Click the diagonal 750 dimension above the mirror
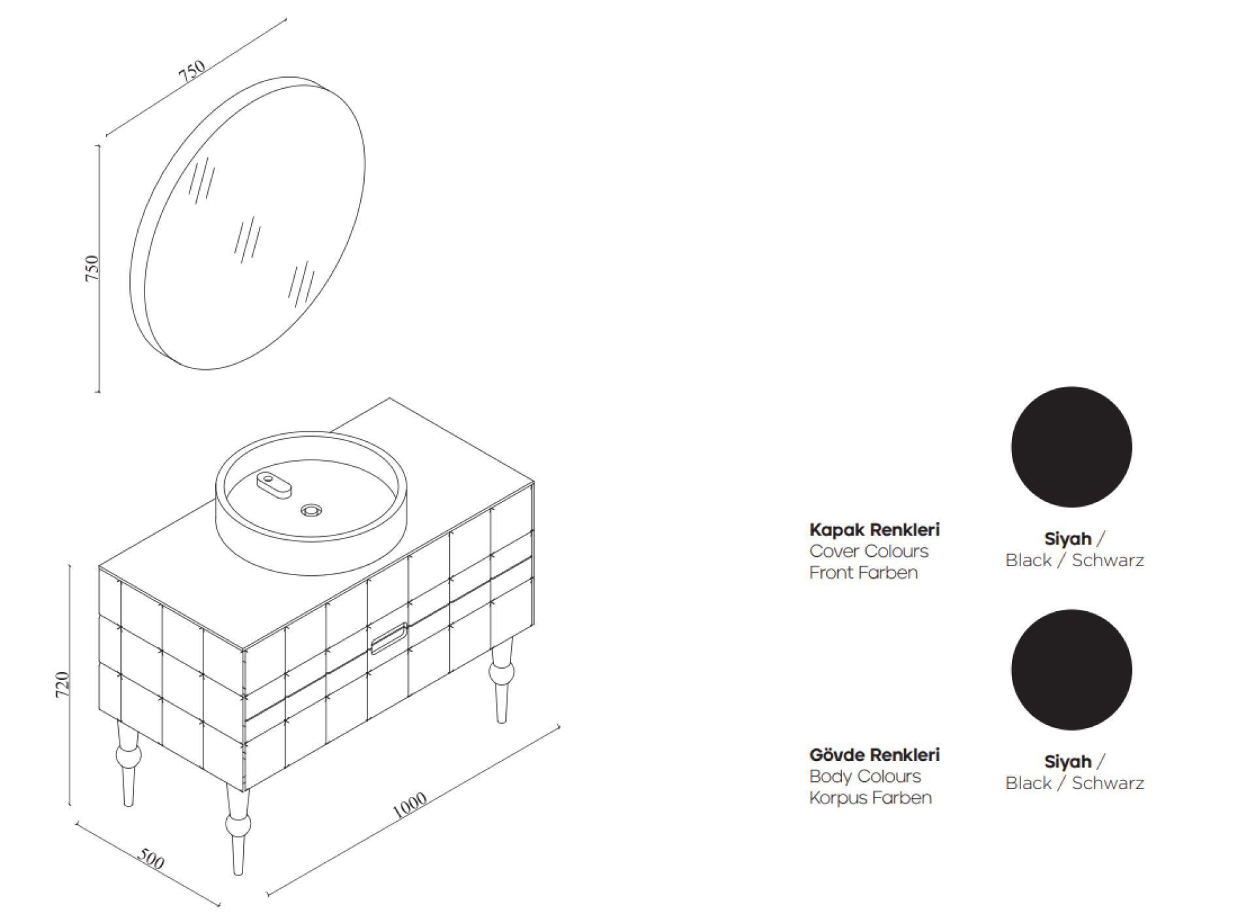coord(192,71)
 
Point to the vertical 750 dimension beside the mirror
coord(92,268)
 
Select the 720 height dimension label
coord(62,684)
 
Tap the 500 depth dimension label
coord(151,859)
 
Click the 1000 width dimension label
coord(410,805)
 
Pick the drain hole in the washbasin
coord(311,510)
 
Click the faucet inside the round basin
coord(274,484)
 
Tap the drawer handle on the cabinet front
coord(390,639)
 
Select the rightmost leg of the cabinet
coord(502,681)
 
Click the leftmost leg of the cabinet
coord(128,764)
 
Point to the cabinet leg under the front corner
coord(238,828)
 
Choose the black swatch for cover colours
coord(1071,447)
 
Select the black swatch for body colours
coord(1071,670)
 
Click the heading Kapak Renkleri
coord(874,529)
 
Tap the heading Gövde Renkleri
coord(874,754)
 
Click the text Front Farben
coord(863,573)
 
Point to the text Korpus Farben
coord(870,798)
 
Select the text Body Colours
coord(865,777)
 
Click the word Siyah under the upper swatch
coord(1067,539)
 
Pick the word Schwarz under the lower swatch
coord(1108,783)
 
